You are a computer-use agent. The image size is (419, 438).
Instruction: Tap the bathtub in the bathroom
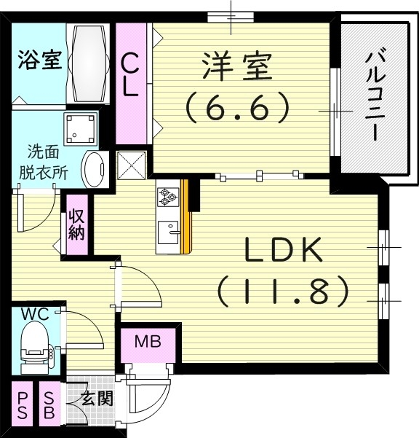click(x=89, y=61)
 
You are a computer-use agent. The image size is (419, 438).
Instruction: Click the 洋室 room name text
click(x=237, y=68)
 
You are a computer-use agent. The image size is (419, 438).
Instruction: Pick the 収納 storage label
click(x=77, y=225)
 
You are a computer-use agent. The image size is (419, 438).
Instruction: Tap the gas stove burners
click(x=168, y=195)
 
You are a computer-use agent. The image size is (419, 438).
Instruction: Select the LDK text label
click(x=283, y=252)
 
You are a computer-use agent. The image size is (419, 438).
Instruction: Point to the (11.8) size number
click(x=284, y=292)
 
